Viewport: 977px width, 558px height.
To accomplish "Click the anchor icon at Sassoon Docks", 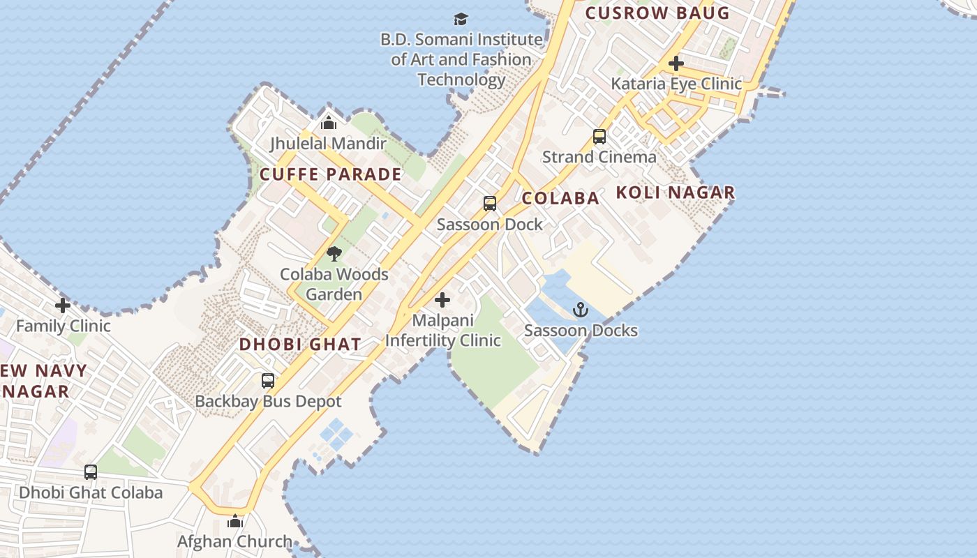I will (x=581, y=310).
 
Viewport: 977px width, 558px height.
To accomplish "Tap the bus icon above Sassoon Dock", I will (x=490, y=204).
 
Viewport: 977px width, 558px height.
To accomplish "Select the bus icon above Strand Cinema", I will (x=599, y=137).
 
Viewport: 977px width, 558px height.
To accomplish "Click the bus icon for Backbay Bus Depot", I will (x=268, y=381).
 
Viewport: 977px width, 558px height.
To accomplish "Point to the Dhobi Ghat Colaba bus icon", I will (x=91, y=472).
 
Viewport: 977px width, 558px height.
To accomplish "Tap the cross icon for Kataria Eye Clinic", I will (x=676, y=63).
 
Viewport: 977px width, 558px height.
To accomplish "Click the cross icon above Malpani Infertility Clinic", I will (x=442, y=301).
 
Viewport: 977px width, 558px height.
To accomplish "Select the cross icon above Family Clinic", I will (x=63, y=306).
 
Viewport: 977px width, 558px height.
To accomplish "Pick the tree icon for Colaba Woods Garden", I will (x=334, y=254).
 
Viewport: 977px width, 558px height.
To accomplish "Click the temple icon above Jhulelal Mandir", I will (x=329, y=123).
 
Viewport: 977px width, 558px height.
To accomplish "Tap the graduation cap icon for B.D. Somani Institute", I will (x=461, y=19).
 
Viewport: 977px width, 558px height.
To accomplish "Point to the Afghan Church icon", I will (x=235, y=521).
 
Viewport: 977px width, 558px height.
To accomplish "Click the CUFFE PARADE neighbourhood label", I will (x=331, y=174).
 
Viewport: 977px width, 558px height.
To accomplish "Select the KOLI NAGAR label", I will (x=675, y=193).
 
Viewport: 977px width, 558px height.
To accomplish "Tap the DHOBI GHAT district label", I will (x=300, y=344).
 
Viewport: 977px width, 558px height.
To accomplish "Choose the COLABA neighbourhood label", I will (x=560, y=198).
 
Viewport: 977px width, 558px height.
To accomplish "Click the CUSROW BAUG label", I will (x=657, y=13).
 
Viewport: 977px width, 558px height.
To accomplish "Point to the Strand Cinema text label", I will (x=599, y=157).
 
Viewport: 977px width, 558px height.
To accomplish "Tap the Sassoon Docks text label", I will (x=581, y=330).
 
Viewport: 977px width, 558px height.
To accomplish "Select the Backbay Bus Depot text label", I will (x=268, y=401).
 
